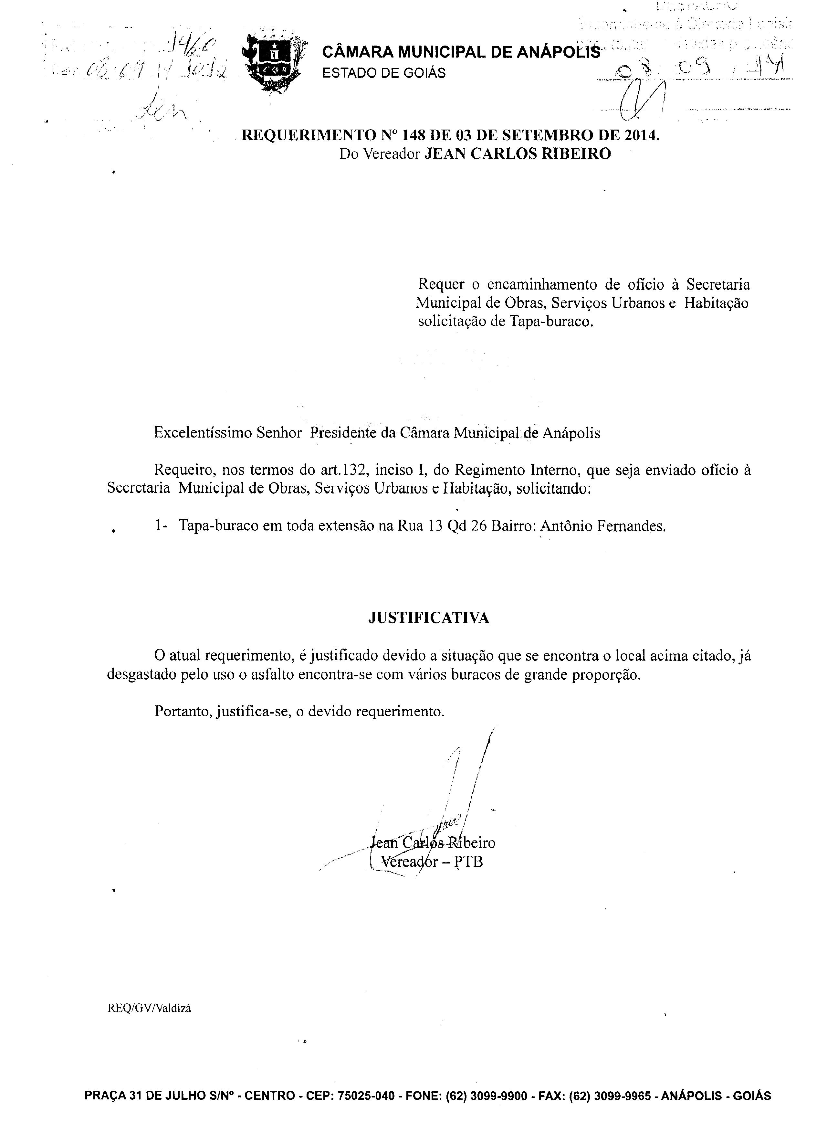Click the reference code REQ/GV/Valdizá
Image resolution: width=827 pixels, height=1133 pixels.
(x=150, y=1008)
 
